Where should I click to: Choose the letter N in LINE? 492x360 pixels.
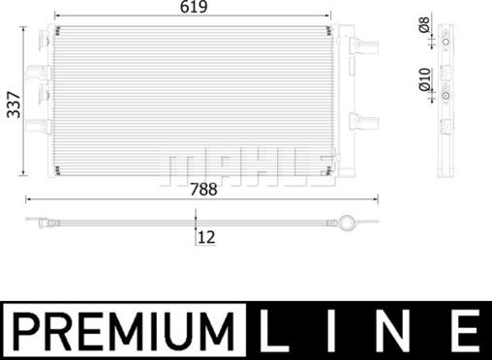tap(397, 330)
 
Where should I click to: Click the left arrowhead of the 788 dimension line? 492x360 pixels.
tap(26, 200)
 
